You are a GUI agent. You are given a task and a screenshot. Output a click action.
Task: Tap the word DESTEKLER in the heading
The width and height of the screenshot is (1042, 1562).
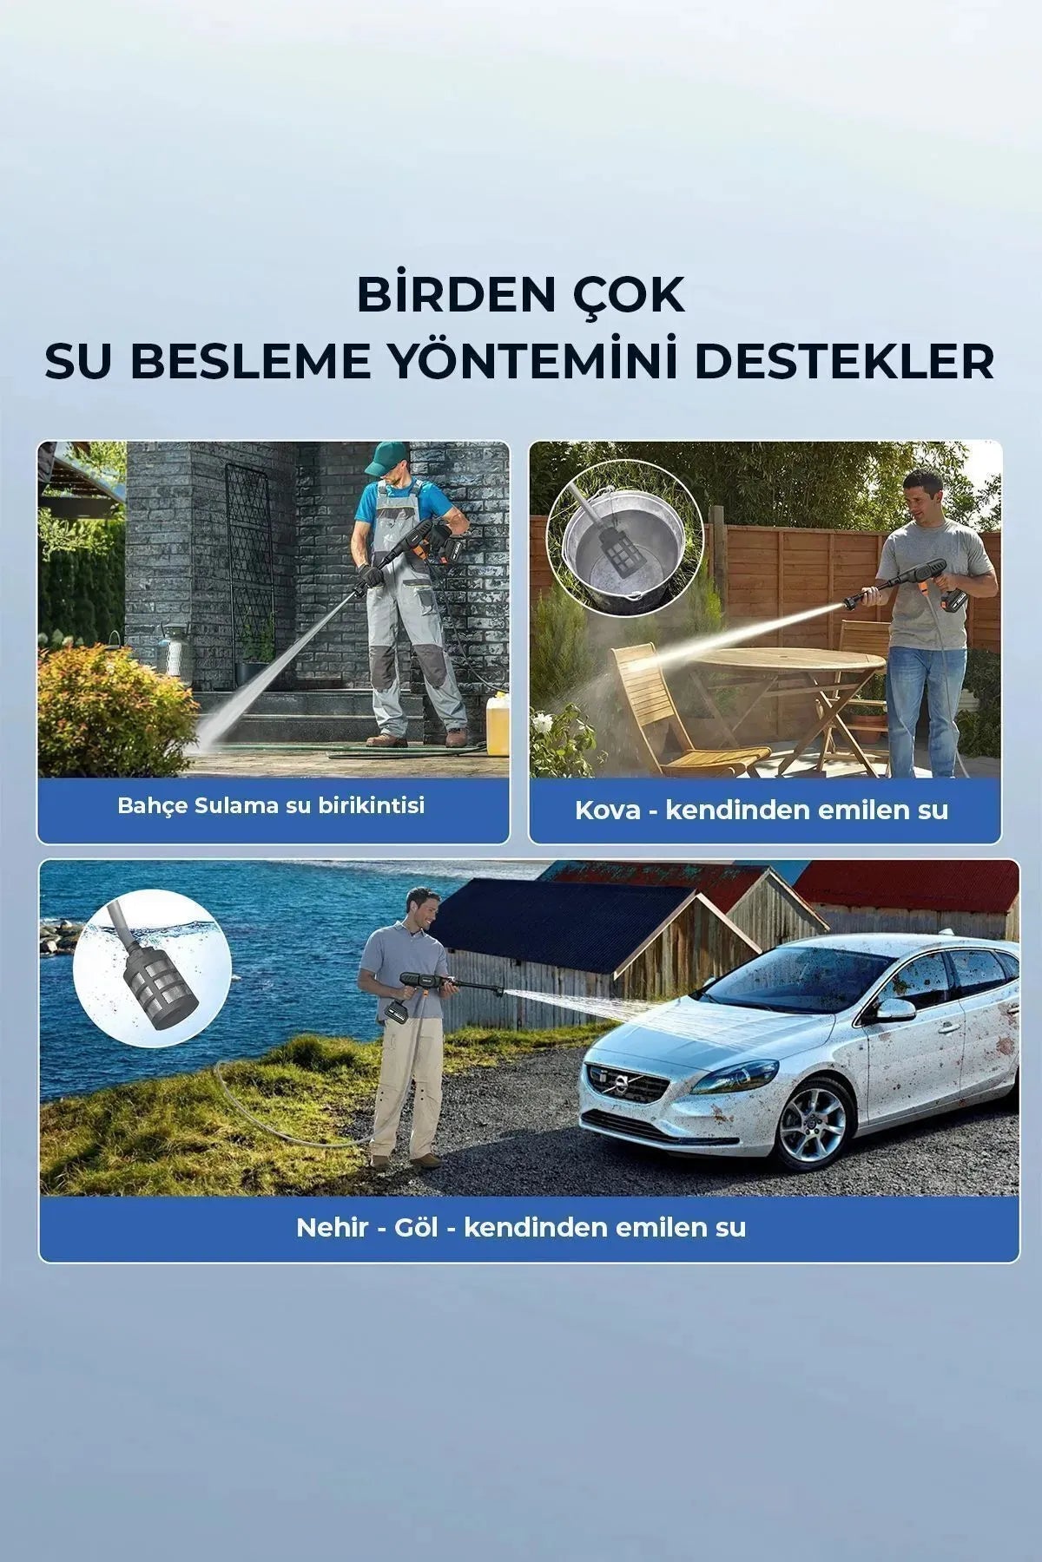[x=844, y=362]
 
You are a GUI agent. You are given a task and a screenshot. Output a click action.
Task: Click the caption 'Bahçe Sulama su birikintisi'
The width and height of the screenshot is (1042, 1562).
[x=272, y=805]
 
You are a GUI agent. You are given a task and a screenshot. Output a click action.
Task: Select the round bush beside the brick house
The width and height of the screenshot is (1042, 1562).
[x=113, y=712]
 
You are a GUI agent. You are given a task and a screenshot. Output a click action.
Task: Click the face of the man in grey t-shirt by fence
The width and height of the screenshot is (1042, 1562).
[x=922, y=495]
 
